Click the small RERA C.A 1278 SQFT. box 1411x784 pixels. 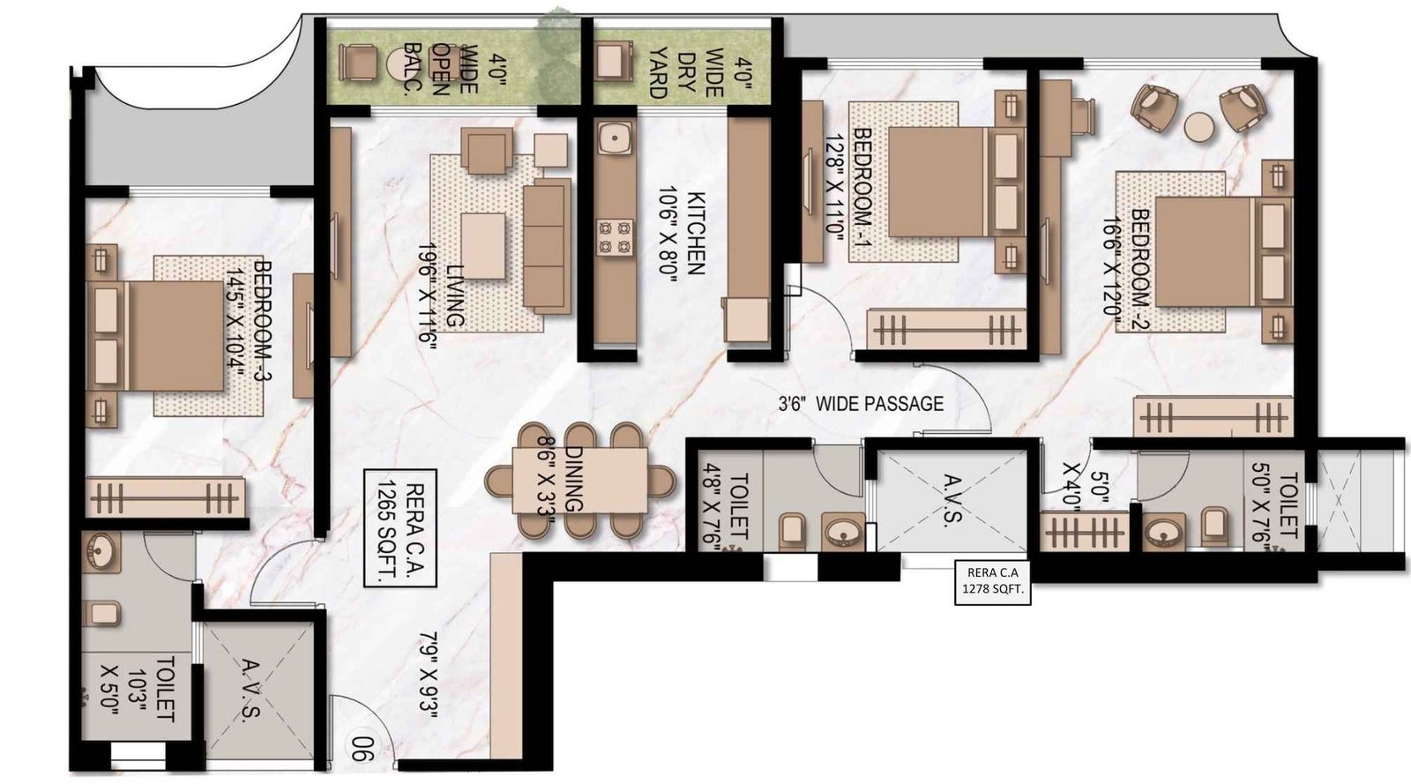992,583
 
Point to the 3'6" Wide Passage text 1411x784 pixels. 860,404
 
